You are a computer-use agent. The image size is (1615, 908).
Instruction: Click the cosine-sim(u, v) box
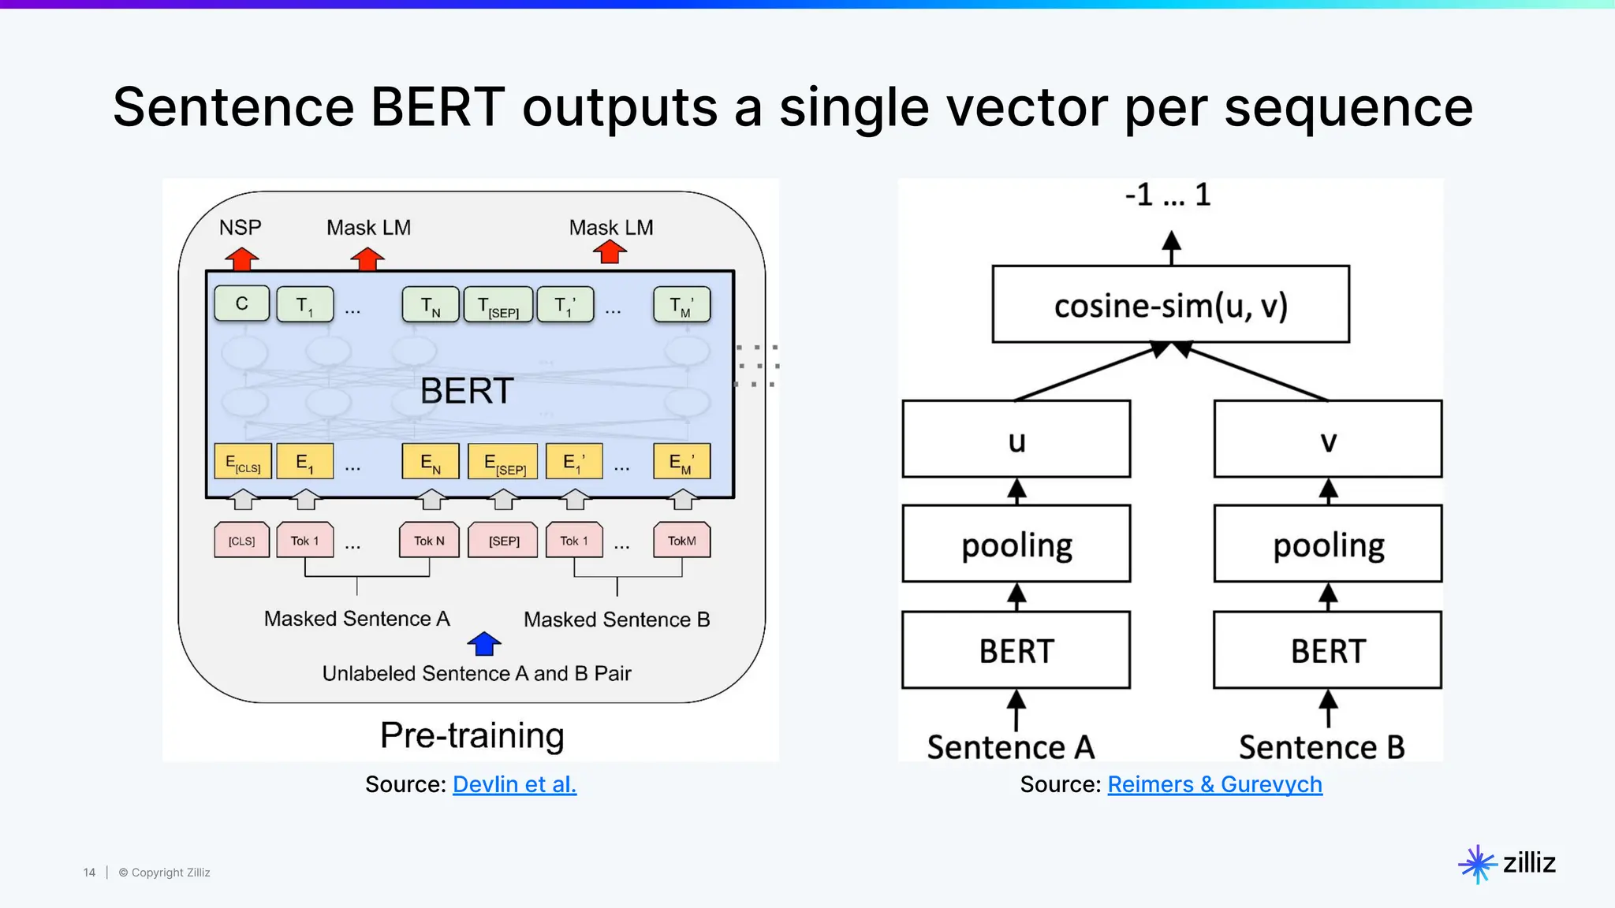[1170, 304]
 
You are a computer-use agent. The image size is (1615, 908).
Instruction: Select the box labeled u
[1016, 439]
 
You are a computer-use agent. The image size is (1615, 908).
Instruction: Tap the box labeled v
[1328, 439]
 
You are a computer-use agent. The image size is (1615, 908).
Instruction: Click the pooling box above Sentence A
[1016, 544]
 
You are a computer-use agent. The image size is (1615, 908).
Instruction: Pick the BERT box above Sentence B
[1328, 650]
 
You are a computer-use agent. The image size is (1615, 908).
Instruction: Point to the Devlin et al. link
[514, 784]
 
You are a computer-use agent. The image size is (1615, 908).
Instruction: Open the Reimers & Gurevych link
[1214, 784]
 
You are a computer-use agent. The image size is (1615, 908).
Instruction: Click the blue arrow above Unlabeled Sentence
[484, 643]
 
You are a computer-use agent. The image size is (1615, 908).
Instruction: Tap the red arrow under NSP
[241, 258]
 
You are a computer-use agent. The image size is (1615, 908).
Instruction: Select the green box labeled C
[241, 304]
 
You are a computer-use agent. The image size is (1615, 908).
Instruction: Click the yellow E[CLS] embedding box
[243, 462]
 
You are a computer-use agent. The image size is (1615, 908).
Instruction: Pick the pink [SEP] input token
[503, 541]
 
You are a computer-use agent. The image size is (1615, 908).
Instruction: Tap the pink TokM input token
[681, 541]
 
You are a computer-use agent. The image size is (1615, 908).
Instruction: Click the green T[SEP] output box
[498, 305]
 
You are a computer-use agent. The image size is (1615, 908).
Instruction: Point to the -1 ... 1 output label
[1168, 195]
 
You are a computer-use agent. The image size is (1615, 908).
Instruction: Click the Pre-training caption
[472, 735]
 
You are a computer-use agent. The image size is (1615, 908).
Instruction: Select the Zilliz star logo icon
[1477, 864]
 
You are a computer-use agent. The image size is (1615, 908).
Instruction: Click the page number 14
[89, 873]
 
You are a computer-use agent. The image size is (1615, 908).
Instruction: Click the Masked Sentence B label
[617, 620]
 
